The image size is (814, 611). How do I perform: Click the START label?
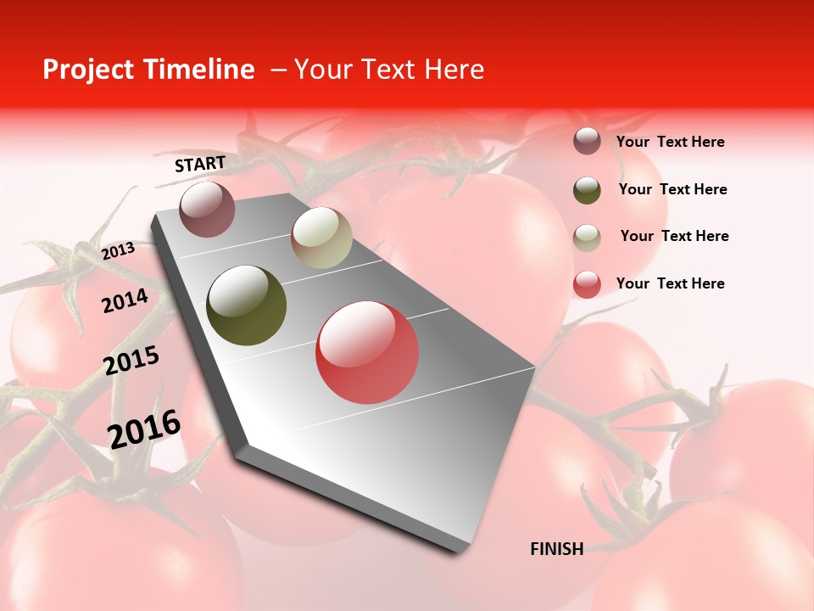pos(200,164)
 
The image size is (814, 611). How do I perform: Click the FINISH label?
pos(556,549)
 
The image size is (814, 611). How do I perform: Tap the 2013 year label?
pos(118,251)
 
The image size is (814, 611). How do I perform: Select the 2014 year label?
pos(125,300)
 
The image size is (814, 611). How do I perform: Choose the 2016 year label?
pos(144,429)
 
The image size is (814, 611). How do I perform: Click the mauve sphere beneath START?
pos(207,209)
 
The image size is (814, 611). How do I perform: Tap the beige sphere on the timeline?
pos(321,238)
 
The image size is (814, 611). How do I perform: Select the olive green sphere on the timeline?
pos(247,305)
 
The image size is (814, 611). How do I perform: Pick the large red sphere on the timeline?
pos(367,352)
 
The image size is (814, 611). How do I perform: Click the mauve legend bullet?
pos(587,142)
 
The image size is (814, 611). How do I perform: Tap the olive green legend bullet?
pos(587,190)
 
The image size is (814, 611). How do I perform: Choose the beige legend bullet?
pos(587,237)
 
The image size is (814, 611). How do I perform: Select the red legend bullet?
pos(587,284)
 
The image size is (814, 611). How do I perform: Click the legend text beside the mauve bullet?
pos(670,142)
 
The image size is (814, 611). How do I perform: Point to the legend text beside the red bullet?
pos(670,283)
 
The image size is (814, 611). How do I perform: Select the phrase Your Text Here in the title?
pos(389,70)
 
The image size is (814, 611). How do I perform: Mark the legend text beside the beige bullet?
pos(674,236)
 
